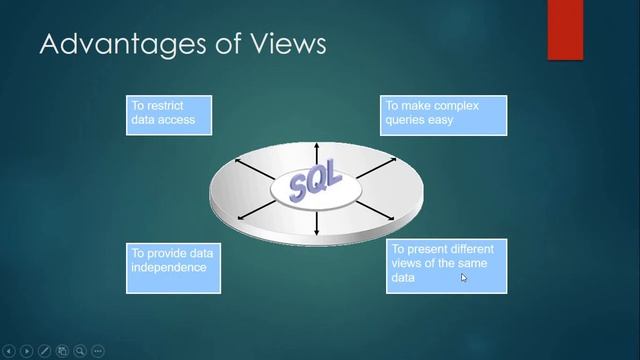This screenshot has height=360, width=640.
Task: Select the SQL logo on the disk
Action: pos(315,185)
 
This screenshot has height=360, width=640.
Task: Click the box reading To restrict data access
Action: pos(169,116)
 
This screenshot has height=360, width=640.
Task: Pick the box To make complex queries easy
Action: pos(444,115)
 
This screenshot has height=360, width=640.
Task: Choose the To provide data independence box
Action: pos(173,267)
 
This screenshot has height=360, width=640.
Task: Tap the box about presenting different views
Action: pos(446,266)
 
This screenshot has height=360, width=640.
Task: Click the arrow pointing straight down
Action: pos(316,225)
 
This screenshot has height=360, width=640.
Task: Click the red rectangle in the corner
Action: pos(565,30)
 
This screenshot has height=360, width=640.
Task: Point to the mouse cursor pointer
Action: pos(463,278)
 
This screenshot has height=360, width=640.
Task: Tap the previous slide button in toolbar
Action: pos(9,351)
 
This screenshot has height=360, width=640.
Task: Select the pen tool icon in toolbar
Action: pos(44,351)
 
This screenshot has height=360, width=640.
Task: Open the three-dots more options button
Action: pos(98,351)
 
